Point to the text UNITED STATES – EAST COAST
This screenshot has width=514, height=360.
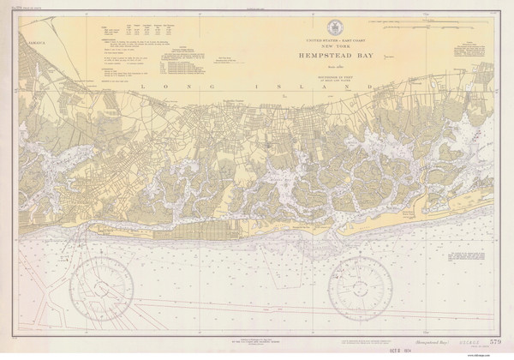click(341, 39)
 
